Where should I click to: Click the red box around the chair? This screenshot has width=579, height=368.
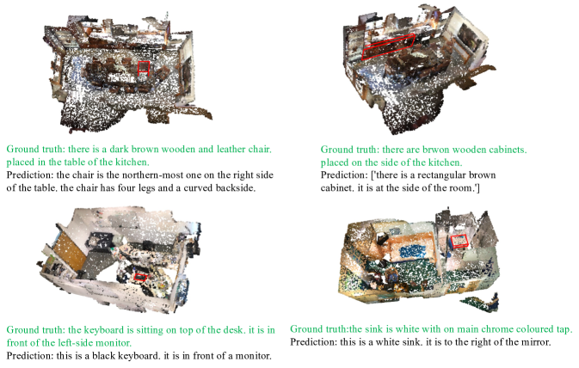point(139,69)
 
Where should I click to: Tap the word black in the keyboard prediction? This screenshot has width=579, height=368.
point(104,356)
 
